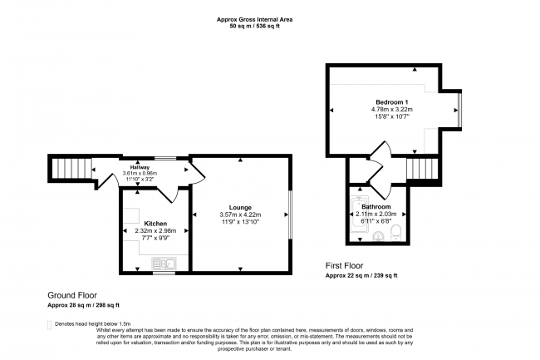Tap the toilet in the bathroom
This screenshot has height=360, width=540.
pos(397,232)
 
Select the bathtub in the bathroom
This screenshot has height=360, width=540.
pos(356,214)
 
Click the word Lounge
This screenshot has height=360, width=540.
pos(240,207)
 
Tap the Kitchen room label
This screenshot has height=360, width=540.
pos(155,224)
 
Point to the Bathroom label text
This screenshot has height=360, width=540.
pos(376,205)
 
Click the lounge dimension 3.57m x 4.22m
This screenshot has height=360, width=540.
pos(240,215)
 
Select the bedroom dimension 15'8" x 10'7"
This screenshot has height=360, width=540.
pos(386,117)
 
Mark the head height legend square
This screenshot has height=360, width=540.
pos(50,323)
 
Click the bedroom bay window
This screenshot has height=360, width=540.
pos(458,109)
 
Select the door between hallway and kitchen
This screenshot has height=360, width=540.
pos(166,192)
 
